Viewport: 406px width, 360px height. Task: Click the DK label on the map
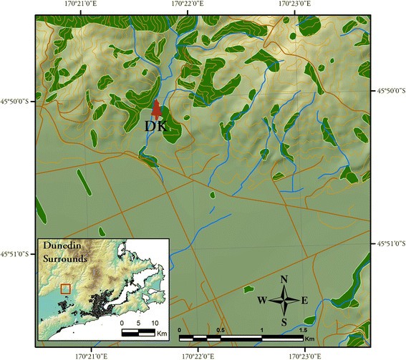[155, 126]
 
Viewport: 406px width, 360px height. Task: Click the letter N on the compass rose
[284, 279]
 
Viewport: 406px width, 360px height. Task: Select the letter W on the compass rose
[263, 300]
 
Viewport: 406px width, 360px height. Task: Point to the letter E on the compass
[304, 300]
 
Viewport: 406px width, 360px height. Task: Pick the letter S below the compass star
[284, 321]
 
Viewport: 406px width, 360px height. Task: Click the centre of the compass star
[284, 300]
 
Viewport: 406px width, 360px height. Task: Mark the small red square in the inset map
[65, 288]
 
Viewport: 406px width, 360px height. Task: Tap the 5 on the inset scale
[136, 323]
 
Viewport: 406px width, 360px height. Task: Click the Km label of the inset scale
[162, 334]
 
